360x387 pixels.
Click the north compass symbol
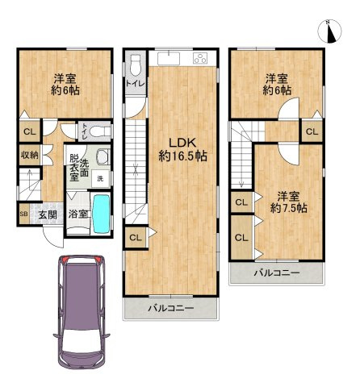click(x=329, y=31)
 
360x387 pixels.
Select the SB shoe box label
click(x=24, y=214)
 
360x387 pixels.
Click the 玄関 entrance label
click(x=48, y=214)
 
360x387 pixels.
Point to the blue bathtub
click(x=101, y=214)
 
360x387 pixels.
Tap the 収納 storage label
click(x=30, y=155)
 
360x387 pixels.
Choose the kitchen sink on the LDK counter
click(x=169, y=58)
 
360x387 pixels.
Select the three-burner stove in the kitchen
click(x=200, y=58)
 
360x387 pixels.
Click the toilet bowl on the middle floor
click(x=136, y=66)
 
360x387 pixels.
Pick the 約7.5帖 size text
click(x=289, y=208)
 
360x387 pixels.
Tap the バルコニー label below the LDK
click(x=171, y=308)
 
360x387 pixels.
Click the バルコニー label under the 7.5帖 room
click(x=277, y=273)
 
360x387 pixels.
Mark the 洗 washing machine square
click(x=100, y=179)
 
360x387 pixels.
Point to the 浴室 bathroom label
click(x=78, y=214)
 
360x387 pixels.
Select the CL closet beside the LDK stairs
click(x=136, y=238)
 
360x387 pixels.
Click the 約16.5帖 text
click(x=182, y=156)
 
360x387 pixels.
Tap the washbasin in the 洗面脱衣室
click(x=103, y=156)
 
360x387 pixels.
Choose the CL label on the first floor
click(x=30, y=131)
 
